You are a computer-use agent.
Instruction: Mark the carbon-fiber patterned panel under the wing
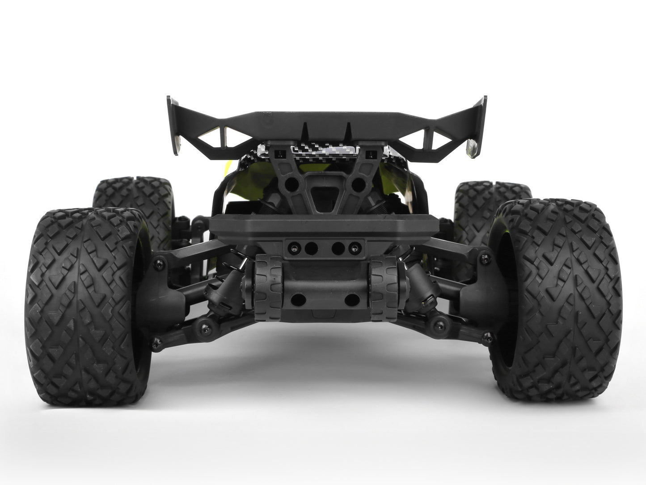tap(322, 152)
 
